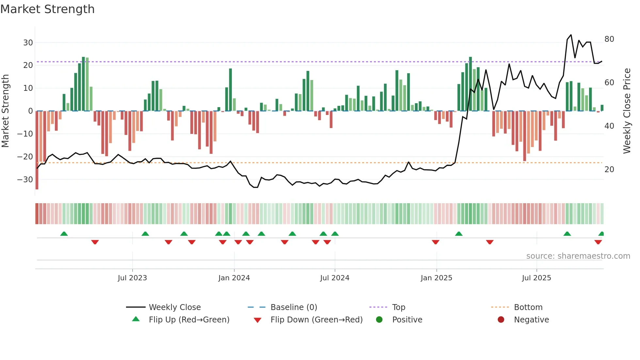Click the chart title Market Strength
coord(47,9)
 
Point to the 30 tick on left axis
coord(28,43)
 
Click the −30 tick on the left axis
coord(25,180)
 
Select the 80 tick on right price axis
coord(609,39)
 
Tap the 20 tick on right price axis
coord(609,170)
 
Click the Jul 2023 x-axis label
coord(132,278)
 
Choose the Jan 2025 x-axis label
coord(436,278)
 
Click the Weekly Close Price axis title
coord(627,111)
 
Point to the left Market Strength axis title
coord(5,111)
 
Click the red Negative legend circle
coord(501,319)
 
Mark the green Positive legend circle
coord(379,319)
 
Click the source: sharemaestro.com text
coord(578,256)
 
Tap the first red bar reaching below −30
coord(37,150)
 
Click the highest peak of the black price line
coord(571,35)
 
